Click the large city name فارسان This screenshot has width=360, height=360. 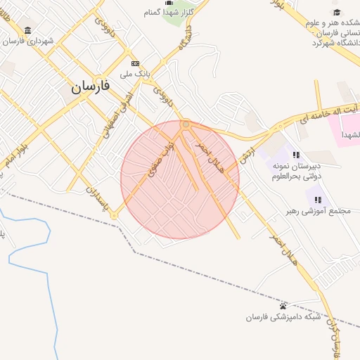click(91, 86)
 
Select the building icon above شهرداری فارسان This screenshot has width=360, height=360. click(27, 30)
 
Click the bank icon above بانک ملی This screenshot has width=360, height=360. click(135, 63)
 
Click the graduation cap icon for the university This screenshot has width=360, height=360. click(337, 13)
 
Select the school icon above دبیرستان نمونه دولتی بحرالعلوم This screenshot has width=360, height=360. click(297, 155)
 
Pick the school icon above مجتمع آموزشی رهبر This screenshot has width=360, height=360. click(319, 200)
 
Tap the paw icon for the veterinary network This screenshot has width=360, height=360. click(283, 306)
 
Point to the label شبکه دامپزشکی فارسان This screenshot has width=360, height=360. click(283, 316)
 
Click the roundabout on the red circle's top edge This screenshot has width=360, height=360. click(186, 124)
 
